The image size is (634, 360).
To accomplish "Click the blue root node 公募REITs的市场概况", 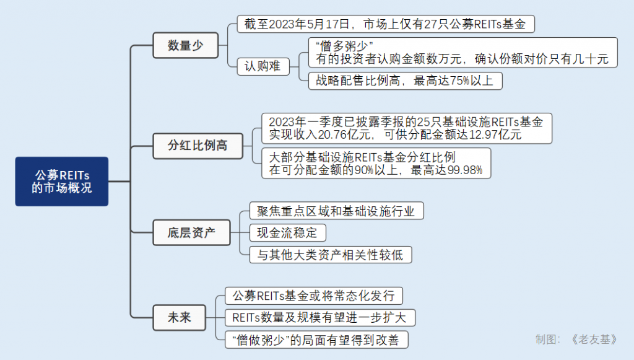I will (61, 181).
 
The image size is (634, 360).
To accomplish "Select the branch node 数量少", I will (185, 45).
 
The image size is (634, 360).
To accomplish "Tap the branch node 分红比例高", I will (198, 146).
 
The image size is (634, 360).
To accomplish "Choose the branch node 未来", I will (179, 318).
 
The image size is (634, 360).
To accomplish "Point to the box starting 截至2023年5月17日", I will (385, 25).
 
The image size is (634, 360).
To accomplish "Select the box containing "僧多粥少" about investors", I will (462, 53).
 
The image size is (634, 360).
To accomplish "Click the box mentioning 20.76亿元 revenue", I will (406, 128).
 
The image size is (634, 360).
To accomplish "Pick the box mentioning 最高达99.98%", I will (376, 164).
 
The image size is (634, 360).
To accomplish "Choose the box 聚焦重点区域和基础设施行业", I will (336, 211).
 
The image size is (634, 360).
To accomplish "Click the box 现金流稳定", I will (287, 233).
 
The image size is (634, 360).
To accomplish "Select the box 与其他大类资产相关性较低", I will (330, 255).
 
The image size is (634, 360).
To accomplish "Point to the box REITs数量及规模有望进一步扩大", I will (319, 318).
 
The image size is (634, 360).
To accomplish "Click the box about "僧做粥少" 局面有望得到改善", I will (316, 340).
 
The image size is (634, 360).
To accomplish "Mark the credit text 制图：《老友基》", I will (576, 339).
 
